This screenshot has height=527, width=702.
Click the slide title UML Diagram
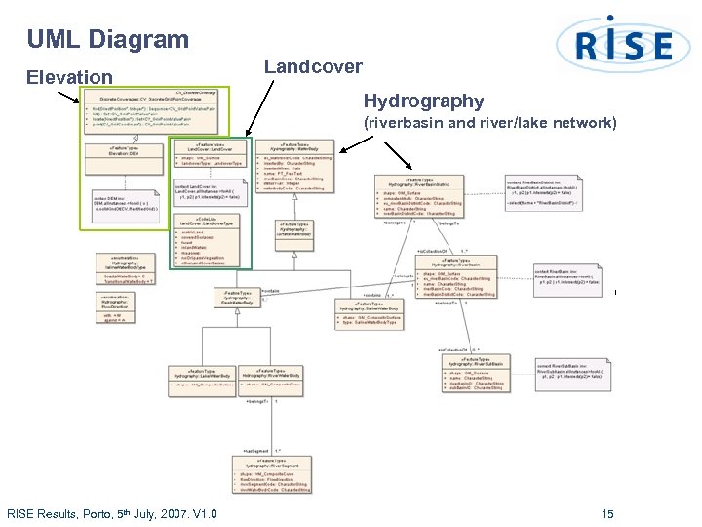click(107, 40)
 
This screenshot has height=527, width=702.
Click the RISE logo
click(614, 44)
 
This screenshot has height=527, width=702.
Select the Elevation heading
click(69, 77)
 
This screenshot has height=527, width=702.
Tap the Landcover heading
click(313, 67)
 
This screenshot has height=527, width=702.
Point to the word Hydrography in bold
click(423, 101)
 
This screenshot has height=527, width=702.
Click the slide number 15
click(607, 514)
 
